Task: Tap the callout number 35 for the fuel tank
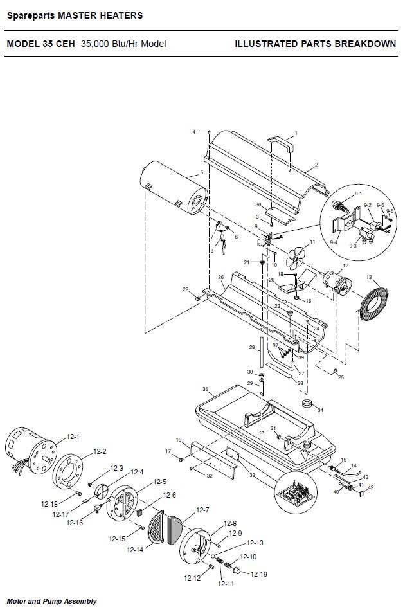point(206,389)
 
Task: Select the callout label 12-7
point(203,510)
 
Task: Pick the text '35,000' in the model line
point(95,44)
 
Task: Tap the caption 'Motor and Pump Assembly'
point(52,601)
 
